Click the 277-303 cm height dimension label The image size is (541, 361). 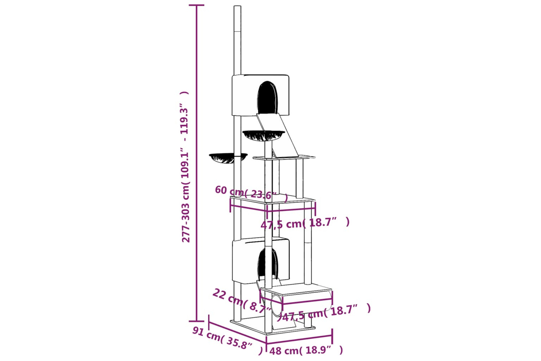pos(185,166)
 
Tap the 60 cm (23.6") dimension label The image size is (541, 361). pos(251,193)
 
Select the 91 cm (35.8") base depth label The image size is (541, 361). pos(227,341)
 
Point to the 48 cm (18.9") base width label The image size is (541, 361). pos(306,350)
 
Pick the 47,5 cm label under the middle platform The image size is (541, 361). pos(305,223)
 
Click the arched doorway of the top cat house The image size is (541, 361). pos(267,97)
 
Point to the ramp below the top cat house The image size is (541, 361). pos(278,135)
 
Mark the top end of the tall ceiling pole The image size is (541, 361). pos(237,6)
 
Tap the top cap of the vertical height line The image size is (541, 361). pos(196,5)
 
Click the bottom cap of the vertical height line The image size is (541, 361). pos(196,321)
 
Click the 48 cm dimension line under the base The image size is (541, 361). pos(299,339)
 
